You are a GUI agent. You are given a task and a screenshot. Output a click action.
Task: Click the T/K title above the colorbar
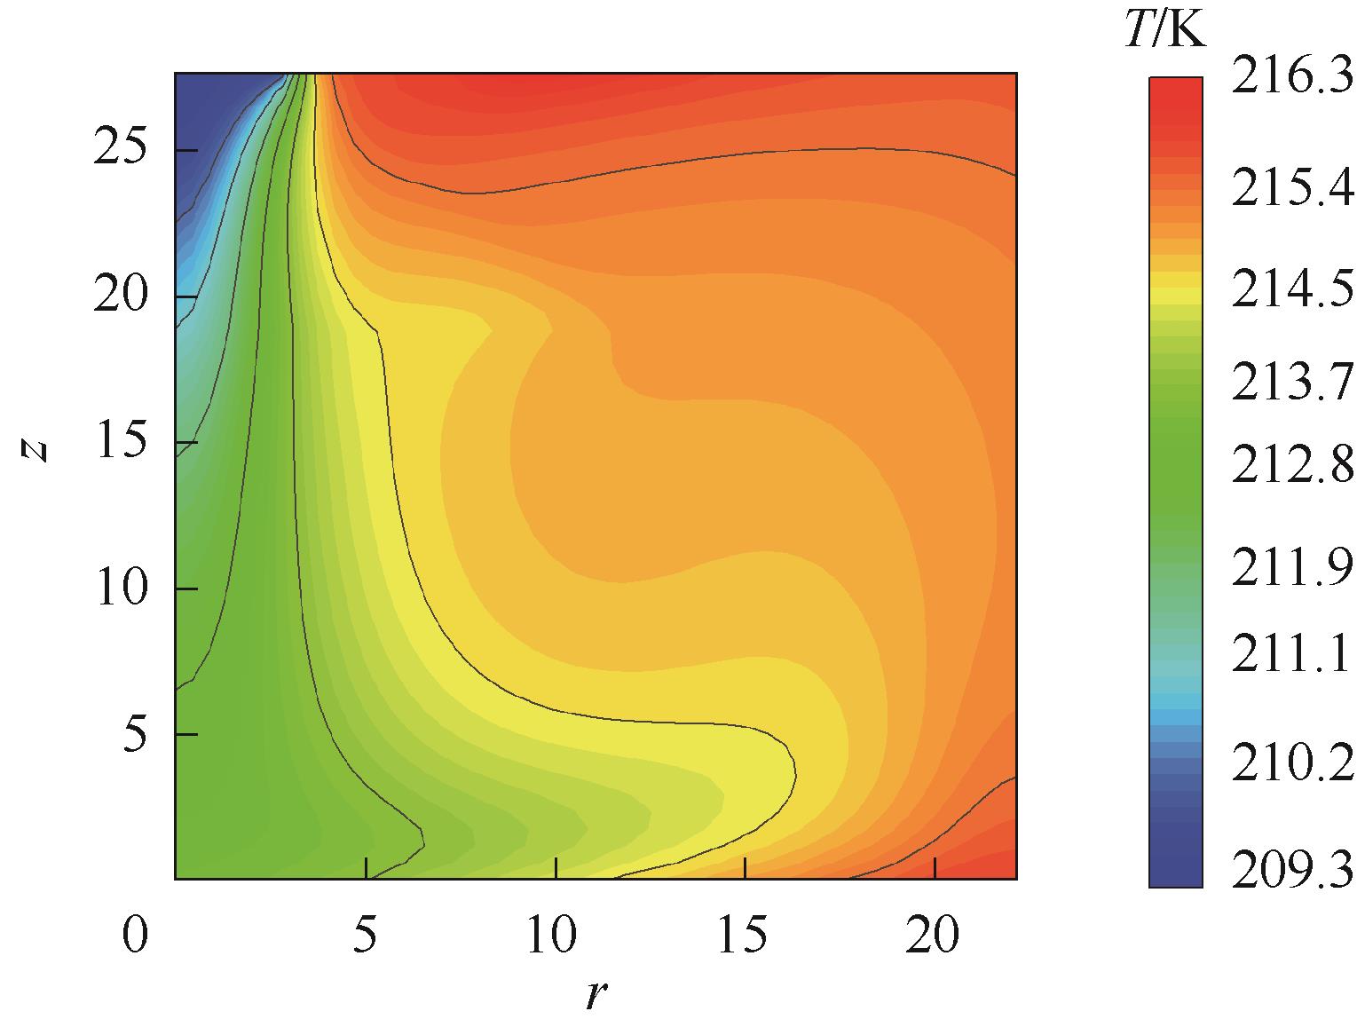click(x=1164, y=32)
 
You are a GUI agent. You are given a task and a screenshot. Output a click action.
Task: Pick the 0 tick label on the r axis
click(x=134, y=936)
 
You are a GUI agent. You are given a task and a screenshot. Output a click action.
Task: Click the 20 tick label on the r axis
click(x=935, y=936)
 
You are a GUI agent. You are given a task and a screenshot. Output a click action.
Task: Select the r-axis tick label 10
click(x=556, y=936)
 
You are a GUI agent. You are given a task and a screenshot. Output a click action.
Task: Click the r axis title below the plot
click(x=595, y=995)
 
